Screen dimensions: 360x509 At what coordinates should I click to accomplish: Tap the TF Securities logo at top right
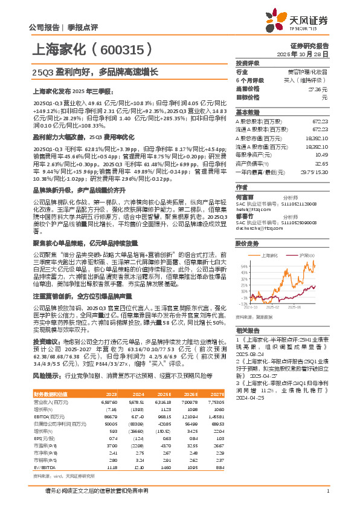[x=302, y=22]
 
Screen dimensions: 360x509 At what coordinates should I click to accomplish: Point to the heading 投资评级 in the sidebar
[x=248, y=63]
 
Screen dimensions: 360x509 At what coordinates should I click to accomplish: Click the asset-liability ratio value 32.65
[x=321, y=163]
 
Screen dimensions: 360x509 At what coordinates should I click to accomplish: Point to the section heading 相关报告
[x=248, y=331]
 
